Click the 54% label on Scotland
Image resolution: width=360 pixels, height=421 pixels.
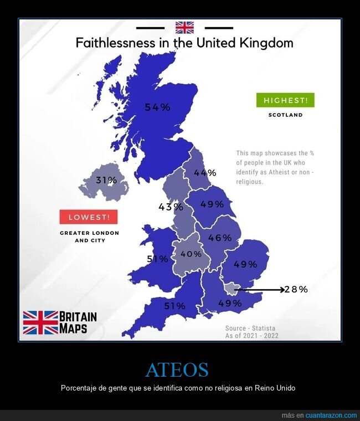tap(157, 107)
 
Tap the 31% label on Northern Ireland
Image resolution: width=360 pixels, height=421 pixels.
tap(106, 180)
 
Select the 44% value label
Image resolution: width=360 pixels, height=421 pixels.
tap(204, 173)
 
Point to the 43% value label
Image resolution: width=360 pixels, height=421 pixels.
tap(171, 207)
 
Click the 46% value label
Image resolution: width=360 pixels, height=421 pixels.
tap(219, 238)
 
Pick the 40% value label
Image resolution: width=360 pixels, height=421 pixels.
tap(191, 254)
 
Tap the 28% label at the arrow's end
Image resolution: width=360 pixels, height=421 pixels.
tap(296, 289)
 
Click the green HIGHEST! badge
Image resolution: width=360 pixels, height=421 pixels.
tap(285, 100)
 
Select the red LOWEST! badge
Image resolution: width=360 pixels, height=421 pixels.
tap(89, 217)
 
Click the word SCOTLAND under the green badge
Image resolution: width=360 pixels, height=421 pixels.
tap(285, 115)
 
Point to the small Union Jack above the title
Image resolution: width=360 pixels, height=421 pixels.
tap(184, 28)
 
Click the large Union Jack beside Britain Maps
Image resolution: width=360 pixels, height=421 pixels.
tap(40, 322)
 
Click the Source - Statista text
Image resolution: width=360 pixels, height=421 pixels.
tap(250, 328)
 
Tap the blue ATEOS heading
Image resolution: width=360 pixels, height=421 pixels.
tap(177, 369)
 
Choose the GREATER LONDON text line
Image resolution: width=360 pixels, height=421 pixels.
tap(89, 233)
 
